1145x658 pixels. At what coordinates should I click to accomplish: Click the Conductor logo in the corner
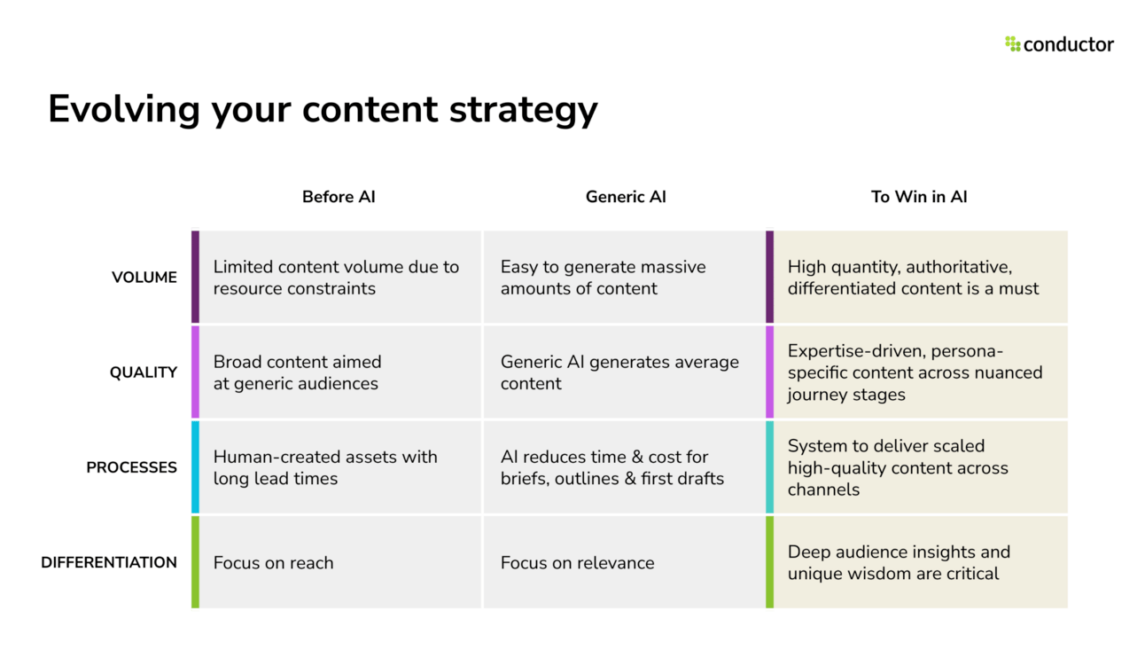click(1059, 44)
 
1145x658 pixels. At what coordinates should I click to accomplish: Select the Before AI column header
click(339, 197)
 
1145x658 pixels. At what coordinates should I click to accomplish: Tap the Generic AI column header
click(626, 197)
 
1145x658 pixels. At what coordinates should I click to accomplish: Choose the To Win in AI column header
click(919, 197)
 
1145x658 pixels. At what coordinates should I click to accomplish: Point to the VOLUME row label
click(144, 278)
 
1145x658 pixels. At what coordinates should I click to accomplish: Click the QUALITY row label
click(144, 372)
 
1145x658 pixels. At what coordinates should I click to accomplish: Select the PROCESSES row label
click(131, 467)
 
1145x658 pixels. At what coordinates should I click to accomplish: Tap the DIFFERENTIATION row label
click(109, 562)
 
